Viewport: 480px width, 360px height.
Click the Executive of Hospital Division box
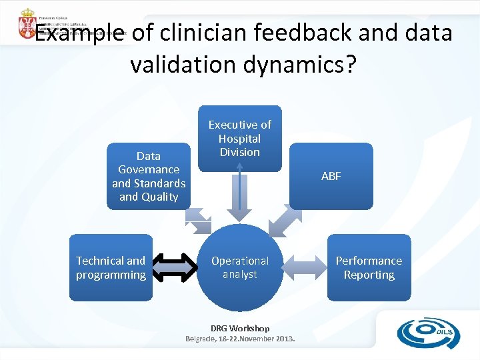coord(240,138)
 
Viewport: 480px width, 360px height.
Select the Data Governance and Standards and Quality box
coord(148,176)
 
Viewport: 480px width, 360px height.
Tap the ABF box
coord(331,176)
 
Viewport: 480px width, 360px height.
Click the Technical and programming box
coord(111,267)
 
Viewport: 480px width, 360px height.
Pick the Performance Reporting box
coord(369,267)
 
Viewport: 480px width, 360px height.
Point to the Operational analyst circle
coord(240,267)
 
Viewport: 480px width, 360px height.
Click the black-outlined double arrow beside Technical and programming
coord(174,268)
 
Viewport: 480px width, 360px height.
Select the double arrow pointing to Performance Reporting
coord(305,268)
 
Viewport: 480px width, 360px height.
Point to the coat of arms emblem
coord(27,23)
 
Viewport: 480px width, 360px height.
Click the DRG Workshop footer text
coord(240,328)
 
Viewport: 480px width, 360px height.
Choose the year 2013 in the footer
coord(283,339)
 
